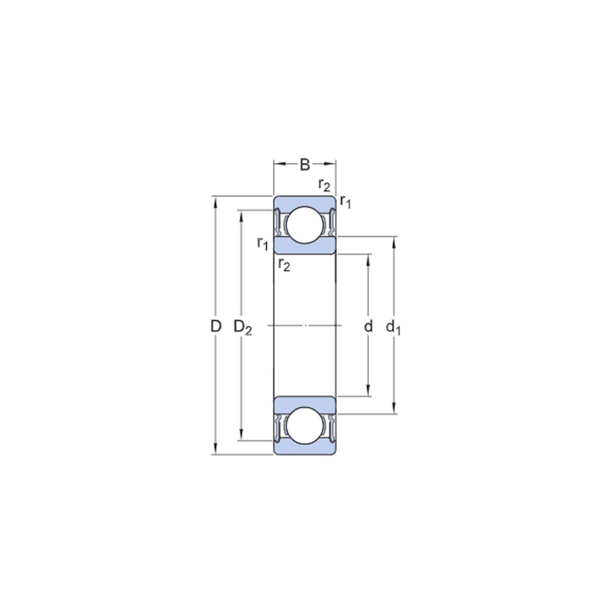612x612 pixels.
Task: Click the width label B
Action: [x=305, y=165]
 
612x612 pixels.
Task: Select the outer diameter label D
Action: [x=216, y=326]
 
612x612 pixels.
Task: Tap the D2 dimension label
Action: [x=243, y=327]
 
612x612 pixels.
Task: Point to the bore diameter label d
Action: [x=368, y=326]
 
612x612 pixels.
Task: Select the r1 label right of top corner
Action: [x=345, y=201]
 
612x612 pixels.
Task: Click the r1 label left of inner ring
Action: [x=263, y=243]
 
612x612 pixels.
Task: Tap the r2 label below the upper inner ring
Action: [x=284, y=265]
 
